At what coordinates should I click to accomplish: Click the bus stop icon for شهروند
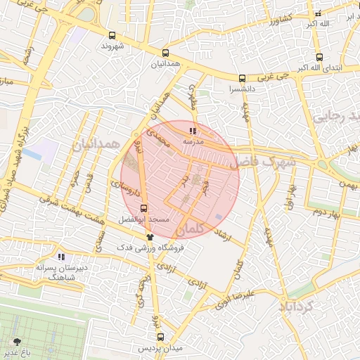(x=112, y=35)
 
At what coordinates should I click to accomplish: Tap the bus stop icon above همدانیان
(x=165, y=53)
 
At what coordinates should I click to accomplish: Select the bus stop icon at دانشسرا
(x=242, y=79)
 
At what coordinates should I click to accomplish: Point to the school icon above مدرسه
(x=193, y=131)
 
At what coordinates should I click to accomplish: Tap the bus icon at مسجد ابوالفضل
(x=143, y=208)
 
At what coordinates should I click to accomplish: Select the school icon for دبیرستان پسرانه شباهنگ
(x=61, y=257)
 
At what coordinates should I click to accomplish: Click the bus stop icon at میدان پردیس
(x=156, y=337)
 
